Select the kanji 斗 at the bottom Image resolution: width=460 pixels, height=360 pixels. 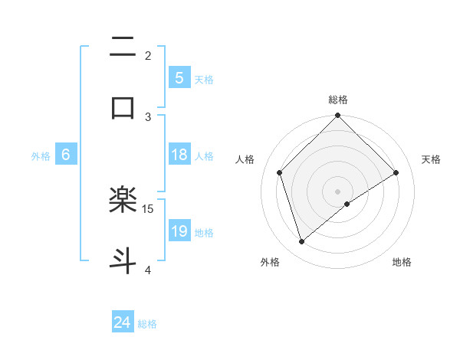pyautogui.click(x=123, y=260)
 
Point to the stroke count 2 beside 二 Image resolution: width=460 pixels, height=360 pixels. pyautogui.click(x=148, y=55)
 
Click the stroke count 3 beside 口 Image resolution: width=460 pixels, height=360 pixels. pyautogui.click(x=148, y=116)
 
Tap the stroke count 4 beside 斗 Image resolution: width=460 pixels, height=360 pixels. pyautogui.click(x=148, y=270)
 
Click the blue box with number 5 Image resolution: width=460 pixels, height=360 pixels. pyautogui.click(x=179, y=77)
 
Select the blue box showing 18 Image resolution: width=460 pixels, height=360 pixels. pyautogui.click(x=179, y=155)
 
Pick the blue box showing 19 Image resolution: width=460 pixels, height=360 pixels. pyautogui.click(x=179, y=231)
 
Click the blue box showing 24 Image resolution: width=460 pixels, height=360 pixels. pyautogui.click(x=123, y=322)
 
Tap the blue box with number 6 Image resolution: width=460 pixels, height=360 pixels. pyautogui.click(x=66, y=155)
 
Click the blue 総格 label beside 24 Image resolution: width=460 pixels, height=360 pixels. pyautogui.click(x=148, y=324)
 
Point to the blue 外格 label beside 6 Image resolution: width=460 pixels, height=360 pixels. pyautogui.click(x=41, y=156)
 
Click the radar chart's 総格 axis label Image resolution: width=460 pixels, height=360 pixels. pyautogui.click(x=338, y=100)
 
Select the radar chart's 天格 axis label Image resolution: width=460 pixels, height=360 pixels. pyautogui.click(x=432, y=159)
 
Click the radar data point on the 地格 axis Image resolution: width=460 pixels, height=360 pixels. pyautogui.click(x=347, y=204)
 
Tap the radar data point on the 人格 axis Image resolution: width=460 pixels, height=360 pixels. pyautogui.click(x=280, y=172)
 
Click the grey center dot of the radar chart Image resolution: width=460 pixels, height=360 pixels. pyautogui.click(x=338, y=191)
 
